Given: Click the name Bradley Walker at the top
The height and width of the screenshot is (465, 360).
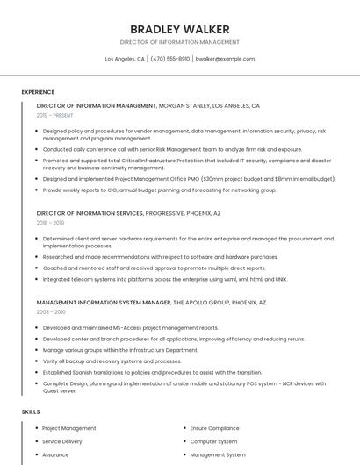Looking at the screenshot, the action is click(x=179, y=29).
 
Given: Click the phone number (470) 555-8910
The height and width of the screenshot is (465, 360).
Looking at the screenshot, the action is click(x=169, y=59).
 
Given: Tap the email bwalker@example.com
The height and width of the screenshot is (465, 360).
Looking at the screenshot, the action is click(x=225, y=59).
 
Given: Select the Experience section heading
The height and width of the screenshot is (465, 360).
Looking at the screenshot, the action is click(x=38, y=92).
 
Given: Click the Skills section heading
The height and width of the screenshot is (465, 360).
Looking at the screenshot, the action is click(x=31, y=411).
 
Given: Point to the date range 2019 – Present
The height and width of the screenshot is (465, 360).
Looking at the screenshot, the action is click(x=54, y=115).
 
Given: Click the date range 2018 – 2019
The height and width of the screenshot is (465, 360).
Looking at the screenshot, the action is click(x=50, y=223).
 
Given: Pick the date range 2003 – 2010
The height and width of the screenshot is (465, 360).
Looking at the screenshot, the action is click(x=51, y=311).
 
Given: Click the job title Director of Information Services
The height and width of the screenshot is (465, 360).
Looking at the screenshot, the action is click(x=90, y=213).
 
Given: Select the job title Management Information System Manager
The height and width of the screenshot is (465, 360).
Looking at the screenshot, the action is click(x=104, y=302).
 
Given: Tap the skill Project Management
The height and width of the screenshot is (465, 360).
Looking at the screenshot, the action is click(x=69, y=428).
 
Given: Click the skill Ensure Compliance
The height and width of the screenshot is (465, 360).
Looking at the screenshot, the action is click(x=215, y=428).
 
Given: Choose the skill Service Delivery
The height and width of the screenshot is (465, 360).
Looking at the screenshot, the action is click(x=62, y=441).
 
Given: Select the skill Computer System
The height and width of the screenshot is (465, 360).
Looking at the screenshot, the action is click(x=214, y=441).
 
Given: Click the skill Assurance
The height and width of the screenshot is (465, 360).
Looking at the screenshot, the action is click(x=55, y=454).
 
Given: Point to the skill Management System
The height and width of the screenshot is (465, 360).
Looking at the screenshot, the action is click(x=218, y=454).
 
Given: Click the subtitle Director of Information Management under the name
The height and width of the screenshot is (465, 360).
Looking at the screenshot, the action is click(x=179, y=42).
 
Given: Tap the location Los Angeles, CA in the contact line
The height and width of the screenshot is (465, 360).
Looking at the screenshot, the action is click(x=125, y=59).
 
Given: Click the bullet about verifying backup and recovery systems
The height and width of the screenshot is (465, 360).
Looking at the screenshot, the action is click(x=112, y=361).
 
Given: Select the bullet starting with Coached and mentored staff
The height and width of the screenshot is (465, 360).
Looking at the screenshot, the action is click(x=154, y=268).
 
